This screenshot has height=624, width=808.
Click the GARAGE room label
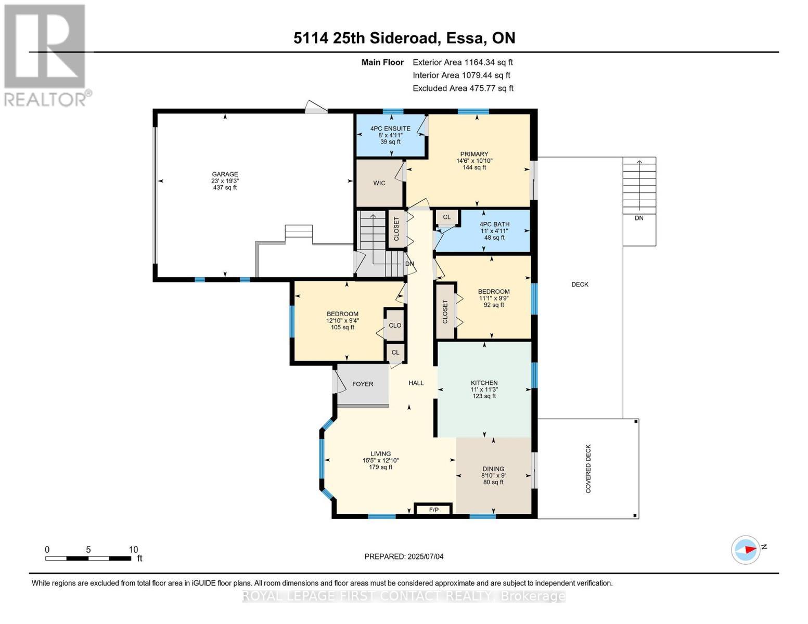click(225, 174)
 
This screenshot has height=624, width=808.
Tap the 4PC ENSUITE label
click(390, 128)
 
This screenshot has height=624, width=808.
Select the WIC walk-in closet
click(379, 183)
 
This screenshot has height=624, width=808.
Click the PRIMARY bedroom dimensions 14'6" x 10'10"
click(474, 161)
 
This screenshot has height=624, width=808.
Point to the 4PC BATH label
click(494, 224)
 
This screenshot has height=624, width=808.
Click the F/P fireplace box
click(433, 510)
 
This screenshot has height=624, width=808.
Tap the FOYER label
click(363, 384)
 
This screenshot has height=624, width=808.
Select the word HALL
click(416, 383)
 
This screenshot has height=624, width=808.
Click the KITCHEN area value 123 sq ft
click(484, 396)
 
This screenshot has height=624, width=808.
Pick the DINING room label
click(493, 469)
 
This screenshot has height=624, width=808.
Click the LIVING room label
click(380, 453)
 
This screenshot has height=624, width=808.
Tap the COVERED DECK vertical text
click(588, 469)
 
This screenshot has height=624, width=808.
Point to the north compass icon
click(746, 550)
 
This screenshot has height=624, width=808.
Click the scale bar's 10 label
click(133, 550)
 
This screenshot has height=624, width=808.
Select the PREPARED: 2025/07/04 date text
click(404, 556)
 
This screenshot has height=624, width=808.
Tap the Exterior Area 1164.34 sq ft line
click(463, 62)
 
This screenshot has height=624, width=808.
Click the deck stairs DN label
click(639, 218)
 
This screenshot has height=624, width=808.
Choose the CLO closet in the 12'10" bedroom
click(395, 325)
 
